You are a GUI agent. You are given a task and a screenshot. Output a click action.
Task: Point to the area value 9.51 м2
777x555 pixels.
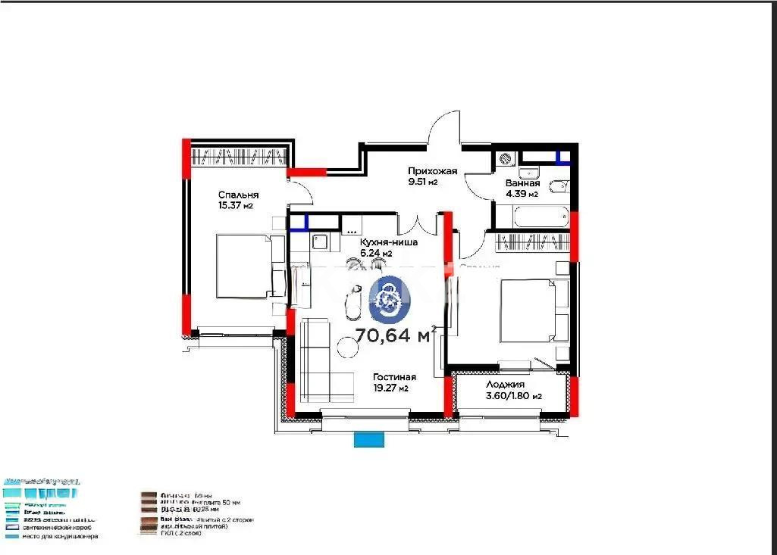pyautogui.click(x=423, y=182)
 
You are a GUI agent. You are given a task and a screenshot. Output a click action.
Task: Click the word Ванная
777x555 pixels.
pyautogui.click(x=522, y=183)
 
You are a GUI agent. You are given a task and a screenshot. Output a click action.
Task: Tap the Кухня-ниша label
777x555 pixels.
pyautogui.click(x=388, y=242)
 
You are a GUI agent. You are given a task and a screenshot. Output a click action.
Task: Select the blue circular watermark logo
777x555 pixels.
pyautogui.click(x=390, y=298)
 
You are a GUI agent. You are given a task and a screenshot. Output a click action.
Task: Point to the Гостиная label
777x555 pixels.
pyautogui.click(x=394, y=377)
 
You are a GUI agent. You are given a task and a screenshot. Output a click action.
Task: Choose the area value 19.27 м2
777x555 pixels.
pyautogui.click(x=391, y=388)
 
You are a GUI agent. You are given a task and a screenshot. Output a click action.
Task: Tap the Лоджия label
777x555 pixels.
pyautogui.click(x=506, y=385)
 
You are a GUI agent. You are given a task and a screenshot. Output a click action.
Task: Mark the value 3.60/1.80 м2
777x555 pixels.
pyautogui.click(x=513, y=396)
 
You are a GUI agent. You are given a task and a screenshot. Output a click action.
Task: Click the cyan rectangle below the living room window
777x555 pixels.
pyautogui.click(x=369, y=439)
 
